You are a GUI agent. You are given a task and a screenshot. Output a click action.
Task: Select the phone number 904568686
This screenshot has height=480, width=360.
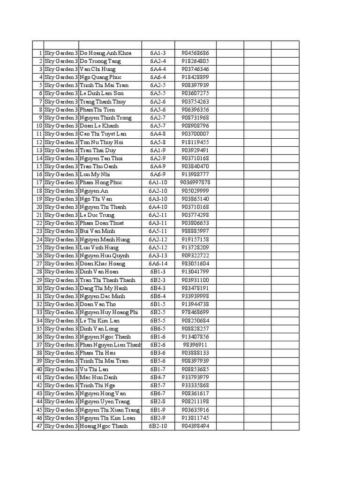pyautogui.click(x=195, y=53)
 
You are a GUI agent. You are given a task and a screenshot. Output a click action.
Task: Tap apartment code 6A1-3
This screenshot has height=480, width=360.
pyautogui.click(x=158, y=53)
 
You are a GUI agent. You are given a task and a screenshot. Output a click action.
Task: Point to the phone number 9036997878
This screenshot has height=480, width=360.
pyautogui.click(x=195, y=182)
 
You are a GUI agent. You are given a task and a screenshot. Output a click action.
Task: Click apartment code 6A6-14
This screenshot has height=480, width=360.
pyautogui.click(x=158, y=263)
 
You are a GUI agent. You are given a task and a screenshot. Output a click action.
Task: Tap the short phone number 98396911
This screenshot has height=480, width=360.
pyautogui.click(x=195, y=345)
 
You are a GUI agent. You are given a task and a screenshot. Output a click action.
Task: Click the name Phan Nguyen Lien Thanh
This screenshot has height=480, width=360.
pyautogui.click(x=110, y=345)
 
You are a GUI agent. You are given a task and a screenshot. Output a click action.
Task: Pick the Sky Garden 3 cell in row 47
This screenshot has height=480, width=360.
pyautogui.click(x=61, y=426)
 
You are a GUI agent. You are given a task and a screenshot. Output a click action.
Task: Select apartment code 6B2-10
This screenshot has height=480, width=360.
pyautogui.click(x=158, y=426)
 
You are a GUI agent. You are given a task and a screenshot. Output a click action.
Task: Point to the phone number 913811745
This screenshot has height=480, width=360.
pyautogui.click(x=195, y=418)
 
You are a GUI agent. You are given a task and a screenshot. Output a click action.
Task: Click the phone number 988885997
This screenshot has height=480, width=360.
pyautogui.click(x=195, y=231)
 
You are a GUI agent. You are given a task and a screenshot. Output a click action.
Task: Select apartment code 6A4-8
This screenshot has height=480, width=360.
pyautogui.click(x=158, y=134)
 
